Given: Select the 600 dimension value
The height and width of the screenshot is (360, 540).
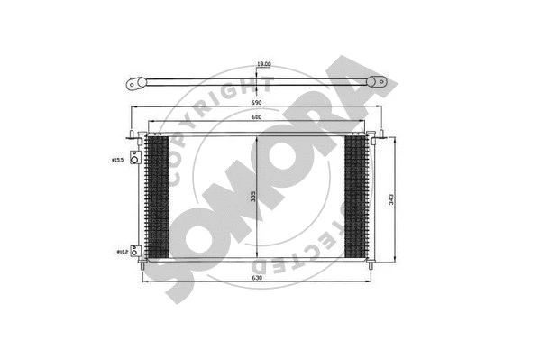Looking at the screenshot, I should [x=256, y=120].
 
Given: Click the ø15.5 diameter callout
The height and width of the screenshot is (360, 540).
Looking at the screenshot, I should [x=117, y=161].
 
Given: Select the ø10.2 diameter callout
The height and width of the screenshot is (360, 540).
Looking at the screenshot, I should [x=120, y=252].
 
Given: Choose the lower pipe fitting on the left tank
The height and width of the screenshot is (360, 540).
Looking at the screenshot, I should [x=135, y=251].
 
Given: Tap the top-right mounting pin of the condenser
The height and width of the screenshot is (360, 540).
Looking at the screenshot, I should [x=371, y=135].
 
